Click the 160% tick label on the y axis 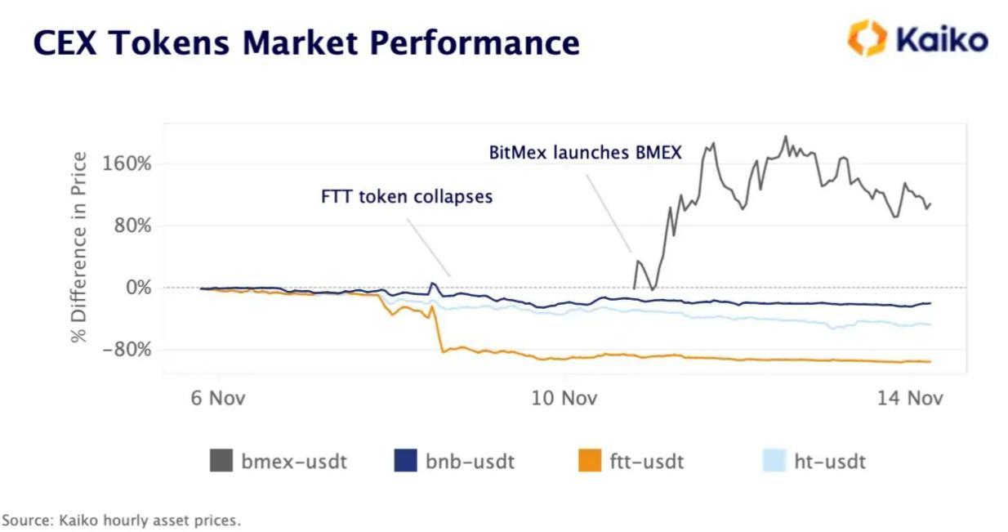point(126,163)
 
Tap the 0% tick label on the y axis point(137,288)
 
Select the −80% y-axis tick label point(126,350)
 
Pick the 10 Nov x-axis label point(564,398)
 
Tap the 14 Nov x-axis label point(911,398)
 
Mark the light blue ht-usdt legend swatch point(773,461)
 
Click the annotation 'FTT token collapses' point(407,197)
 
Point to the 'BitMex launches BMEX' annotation point(585,152)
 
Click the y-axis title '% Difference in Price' point(79,247)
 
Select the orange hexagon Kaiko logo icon point(866,38)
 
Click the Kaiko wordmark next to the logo point(942,39)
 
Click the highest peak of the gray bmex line point(786,136)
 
